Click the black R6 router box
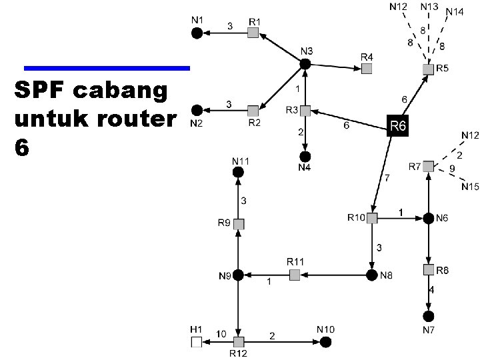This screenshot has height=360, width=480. coord(397,126)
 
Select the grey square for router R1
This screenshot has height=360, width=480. coord(253,32)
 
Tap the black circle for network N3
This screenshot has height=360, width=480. coord(305,64)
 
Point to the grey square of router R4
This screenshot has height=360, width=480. coord(367,68)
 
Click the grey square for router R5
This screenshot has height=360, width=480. coord(428,69)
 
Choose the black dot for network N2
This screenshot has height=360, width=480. coord(197,110)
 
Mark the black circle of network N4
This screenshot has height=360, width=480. coord(305,154)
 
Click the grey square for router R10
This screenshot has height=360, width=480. coord(372,218)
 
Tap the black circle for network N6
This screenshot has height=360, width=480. coord(428,218)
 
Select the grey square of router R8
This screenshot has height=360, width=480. coord(428,270)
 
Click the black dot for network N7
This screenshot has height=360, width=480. coord(428,315)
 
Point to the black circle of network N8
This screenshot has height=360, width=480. coord(372,274)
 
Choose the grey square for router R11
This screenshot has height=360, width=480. coord(295,274)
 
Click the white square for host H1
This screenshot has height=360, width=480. coord(196,342)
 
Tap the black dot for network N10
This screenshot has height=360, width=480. coord(325,342)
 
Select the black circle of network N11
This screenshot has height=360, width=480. coord(238,172)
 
